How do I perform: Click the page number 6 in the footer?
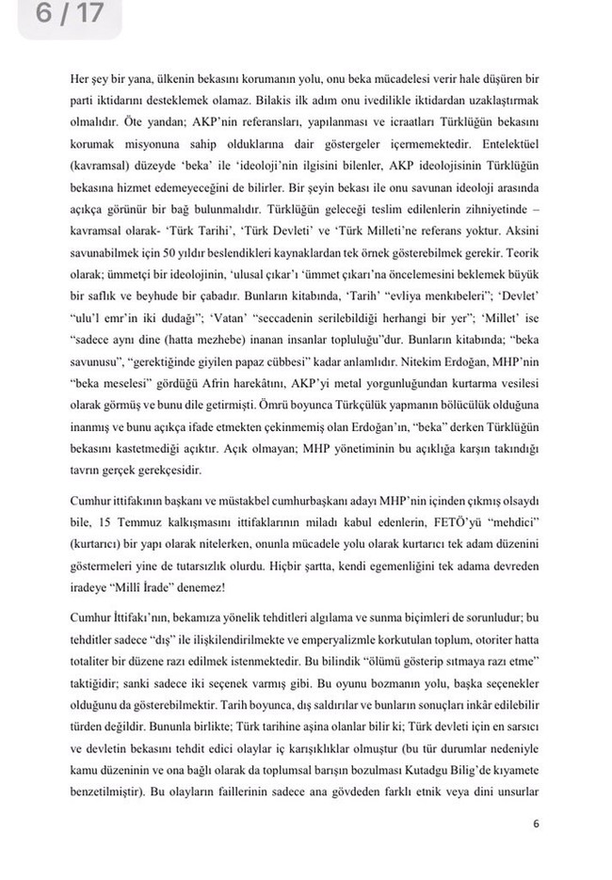[535, 827]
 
